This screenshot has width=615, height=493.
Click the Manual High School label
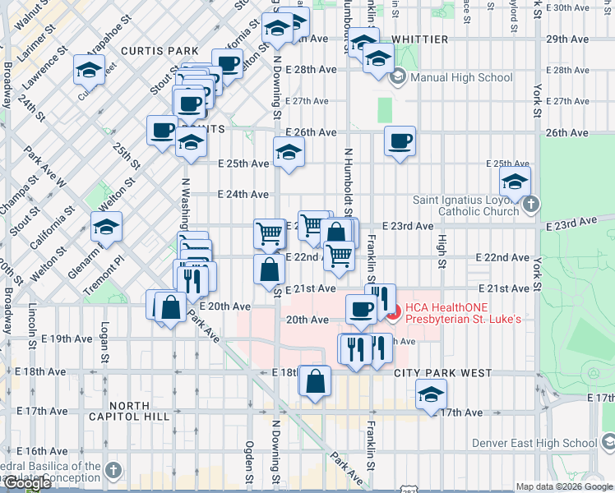tap(450, 78)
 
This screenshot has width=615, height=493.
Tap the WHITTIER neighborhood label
tap(419, 39)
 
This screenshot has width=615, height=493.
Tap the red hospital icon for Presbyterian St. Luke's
tap(392, 311)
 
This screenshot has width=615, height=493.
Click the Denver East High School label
tap(534, 443)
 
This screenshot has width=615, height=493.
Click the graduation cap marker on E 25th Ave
tap(289, 152)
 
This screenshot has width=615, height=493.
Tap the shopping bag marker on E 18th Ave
tap(316, 380)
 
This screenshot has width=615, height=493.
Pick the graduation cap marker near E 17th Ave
tap(431, 395)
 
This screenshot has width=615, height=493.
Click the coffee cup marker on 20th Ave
tap(360, 310)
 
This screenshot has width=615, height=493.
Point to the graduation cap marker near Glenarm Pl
tap(106, 228)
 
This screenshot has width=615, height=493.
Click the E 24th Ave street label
tap(243, 195)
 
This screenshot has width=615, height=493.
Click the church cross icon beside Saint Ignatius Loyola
tap(531, 204)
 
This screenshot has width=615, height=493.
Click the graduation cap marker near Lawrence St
tap(89, 70)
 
